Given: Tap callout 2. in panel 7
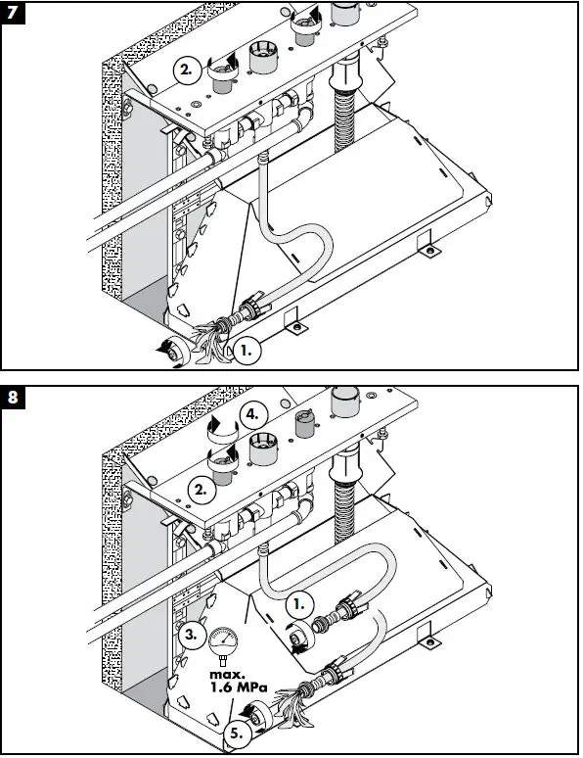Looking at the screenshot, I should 187,71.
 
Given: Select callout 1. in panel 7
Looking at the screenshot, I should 248,347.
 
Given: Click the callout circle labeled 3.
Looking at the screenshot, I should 193,635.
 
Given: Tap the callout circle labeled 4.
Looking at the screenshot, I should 253,415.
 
